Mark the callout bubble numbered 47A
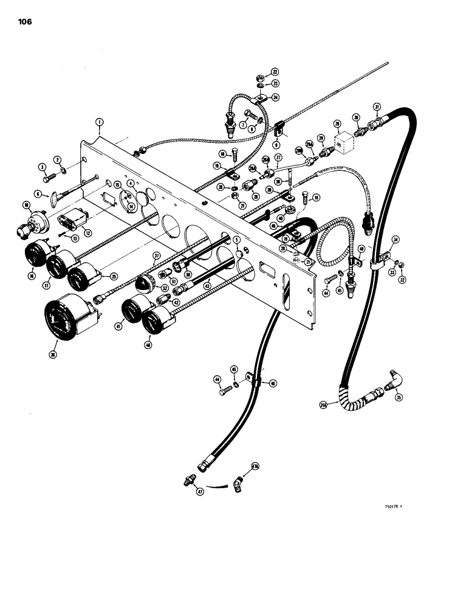click(255, 467)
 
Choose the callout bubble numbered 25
click(113, 276)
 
